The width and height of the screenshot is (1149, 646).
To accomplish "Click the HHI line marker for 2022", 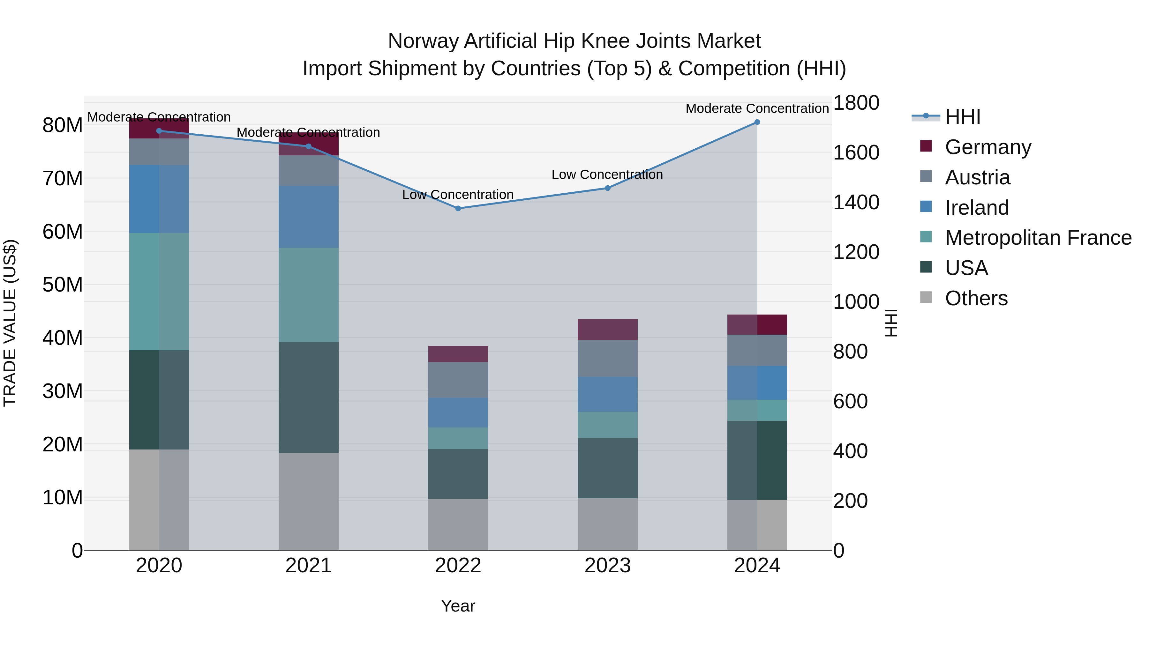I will [458, 208].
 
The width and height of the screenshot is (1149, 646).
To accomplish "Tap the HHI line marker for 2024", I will [757, 122].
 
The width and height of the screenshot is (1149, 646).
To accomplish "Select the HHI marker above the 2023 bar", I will [607, 188].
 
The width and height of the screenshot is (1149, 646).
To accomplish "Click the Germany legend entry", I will [988, 147].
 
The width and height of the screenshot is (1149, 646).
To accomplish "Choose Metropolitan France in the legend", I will [1038, 238].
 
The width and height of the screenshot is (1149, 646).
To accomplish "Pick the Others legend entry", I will [976, 298].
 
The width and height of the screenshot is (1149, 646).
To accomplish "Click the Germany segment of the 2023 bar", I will [607, 330].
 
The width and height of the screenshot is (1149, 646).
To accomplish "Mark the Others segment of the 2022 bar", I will [458, 524].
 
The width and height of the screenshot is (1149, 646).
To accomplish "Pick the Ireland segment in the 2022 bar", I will [458, 412].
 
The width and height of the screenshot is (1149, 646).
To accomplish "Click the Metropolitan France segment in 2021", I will [308, 295].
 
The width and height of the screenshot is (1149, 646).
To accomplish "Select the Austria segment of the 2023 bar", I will [607, 359].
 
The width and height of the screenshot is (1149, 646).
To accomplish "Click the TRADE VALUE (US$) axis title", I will [10, 323].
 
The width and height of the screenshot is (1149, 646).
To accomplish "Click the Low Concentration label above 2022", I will [458, 195].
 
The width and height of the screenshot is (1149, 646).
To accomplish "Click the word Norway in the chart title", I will [423, 41].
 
